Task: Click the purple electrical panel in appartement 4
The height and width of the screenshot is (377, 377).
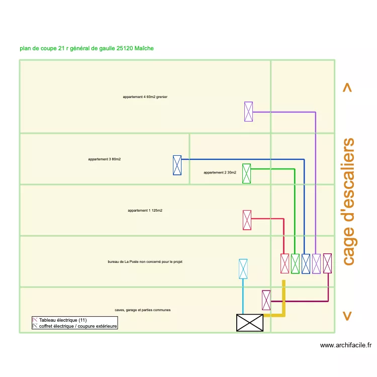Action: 248,111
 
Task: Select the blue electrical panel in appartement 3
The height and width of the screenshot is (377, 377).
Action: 177,165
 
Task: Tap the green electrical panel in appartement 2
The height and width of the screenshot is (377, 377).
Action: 246,173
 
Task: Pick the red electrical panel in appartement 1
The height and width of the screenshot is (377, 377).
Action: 247,220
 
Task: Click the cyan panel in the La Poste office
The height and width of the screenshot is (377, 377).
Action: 243,269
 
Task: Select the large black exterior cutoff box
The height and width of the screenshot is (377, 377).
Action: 250,323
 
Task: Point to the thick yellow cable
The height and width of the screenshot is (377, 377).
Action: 284,302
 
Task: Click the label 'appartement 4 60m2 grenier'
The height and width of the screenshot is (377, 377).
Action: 145,97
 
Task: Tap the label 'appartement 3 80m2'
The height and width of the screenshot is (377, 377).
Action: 105,159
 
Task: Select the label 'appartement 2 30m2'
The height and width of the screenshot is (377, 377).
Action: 220,172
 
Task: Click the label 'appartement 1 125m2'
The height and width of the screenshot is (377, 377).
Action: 145,211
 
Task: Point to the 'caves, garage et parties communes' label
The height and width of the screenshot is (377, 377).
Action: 142,310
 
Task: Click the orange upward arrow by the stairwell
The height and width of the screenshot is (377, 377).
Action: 347,87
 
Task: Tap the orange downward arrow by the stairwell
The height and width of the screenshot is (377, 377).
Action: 347,316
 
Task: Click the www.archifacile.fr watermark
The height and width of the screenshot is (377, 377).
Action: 345,345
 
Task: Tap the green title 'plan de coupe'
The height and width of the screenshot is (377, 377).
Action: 86,48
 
